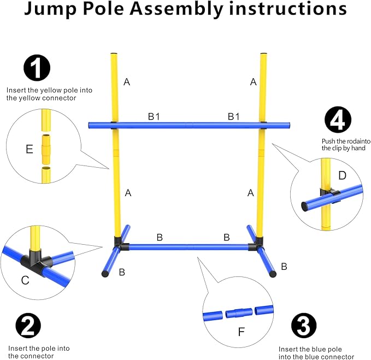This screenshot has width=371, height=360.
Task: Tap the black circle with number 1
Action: click(x=36, y=68)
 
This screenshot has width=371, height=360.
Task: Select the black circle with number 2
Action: click(x=28, y=326)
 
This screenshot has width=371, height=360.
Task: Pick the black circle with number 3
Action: click(x=304, y=326)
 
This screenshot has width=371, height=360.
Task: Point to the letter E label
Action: click(x=30, y=149)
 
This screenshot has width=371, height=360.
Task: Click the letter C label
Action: click(x=25, y=281)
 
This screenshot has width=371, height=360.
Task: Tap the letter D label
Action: click(x=342, y=175)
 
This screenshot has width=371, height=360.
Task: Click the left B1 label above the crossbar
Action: click(x=154, y=116)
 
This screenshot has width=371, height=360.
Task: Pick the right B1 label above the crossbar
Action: click(x=233, y=116)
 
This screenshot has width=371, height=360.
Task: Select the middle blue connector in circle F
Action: click(x=238, y=313)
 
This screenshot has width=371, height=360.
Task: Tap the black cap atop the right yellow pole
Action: click(x=263, y=54)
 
